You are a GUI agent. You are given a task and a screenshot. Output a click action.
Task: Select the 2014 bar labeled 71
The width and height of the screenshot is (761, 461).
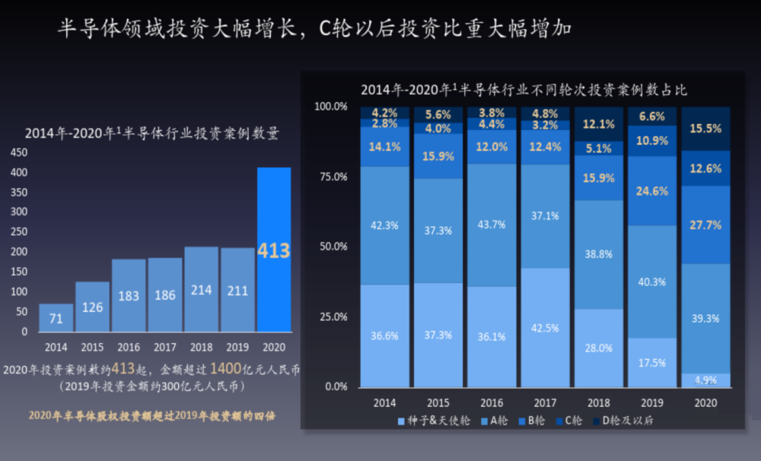tap(56, 318)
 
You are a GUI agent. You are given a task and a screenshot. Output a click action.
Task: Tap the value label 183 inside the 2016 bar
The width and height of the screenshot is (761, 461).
tap(129, 296)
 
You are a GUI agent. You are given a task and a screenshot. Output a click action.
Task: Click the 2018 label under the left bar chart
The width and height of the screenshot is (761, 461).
tap(202, 347)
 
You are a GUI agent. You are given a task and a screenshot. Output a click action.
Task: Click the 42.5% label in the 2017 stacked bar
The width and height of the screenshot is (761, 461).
tap(544, 328)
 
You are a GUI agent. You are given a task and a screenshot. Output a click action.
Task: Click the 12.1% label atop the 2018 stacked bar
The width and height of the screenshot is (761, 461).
tap(598, 124)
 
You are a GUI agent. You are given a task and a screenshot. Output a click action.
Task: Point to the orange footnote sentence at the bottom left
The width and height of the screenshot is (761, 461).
tap(151, 415)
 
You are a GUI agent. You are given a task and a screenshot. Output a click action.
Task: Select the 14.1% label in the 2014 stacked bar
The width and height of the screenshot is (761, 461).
tap(384, 148)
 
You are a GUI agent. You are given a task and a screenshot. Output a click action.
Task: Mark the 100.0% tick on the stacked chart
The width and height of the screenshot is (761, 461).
tap(331, 107)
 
